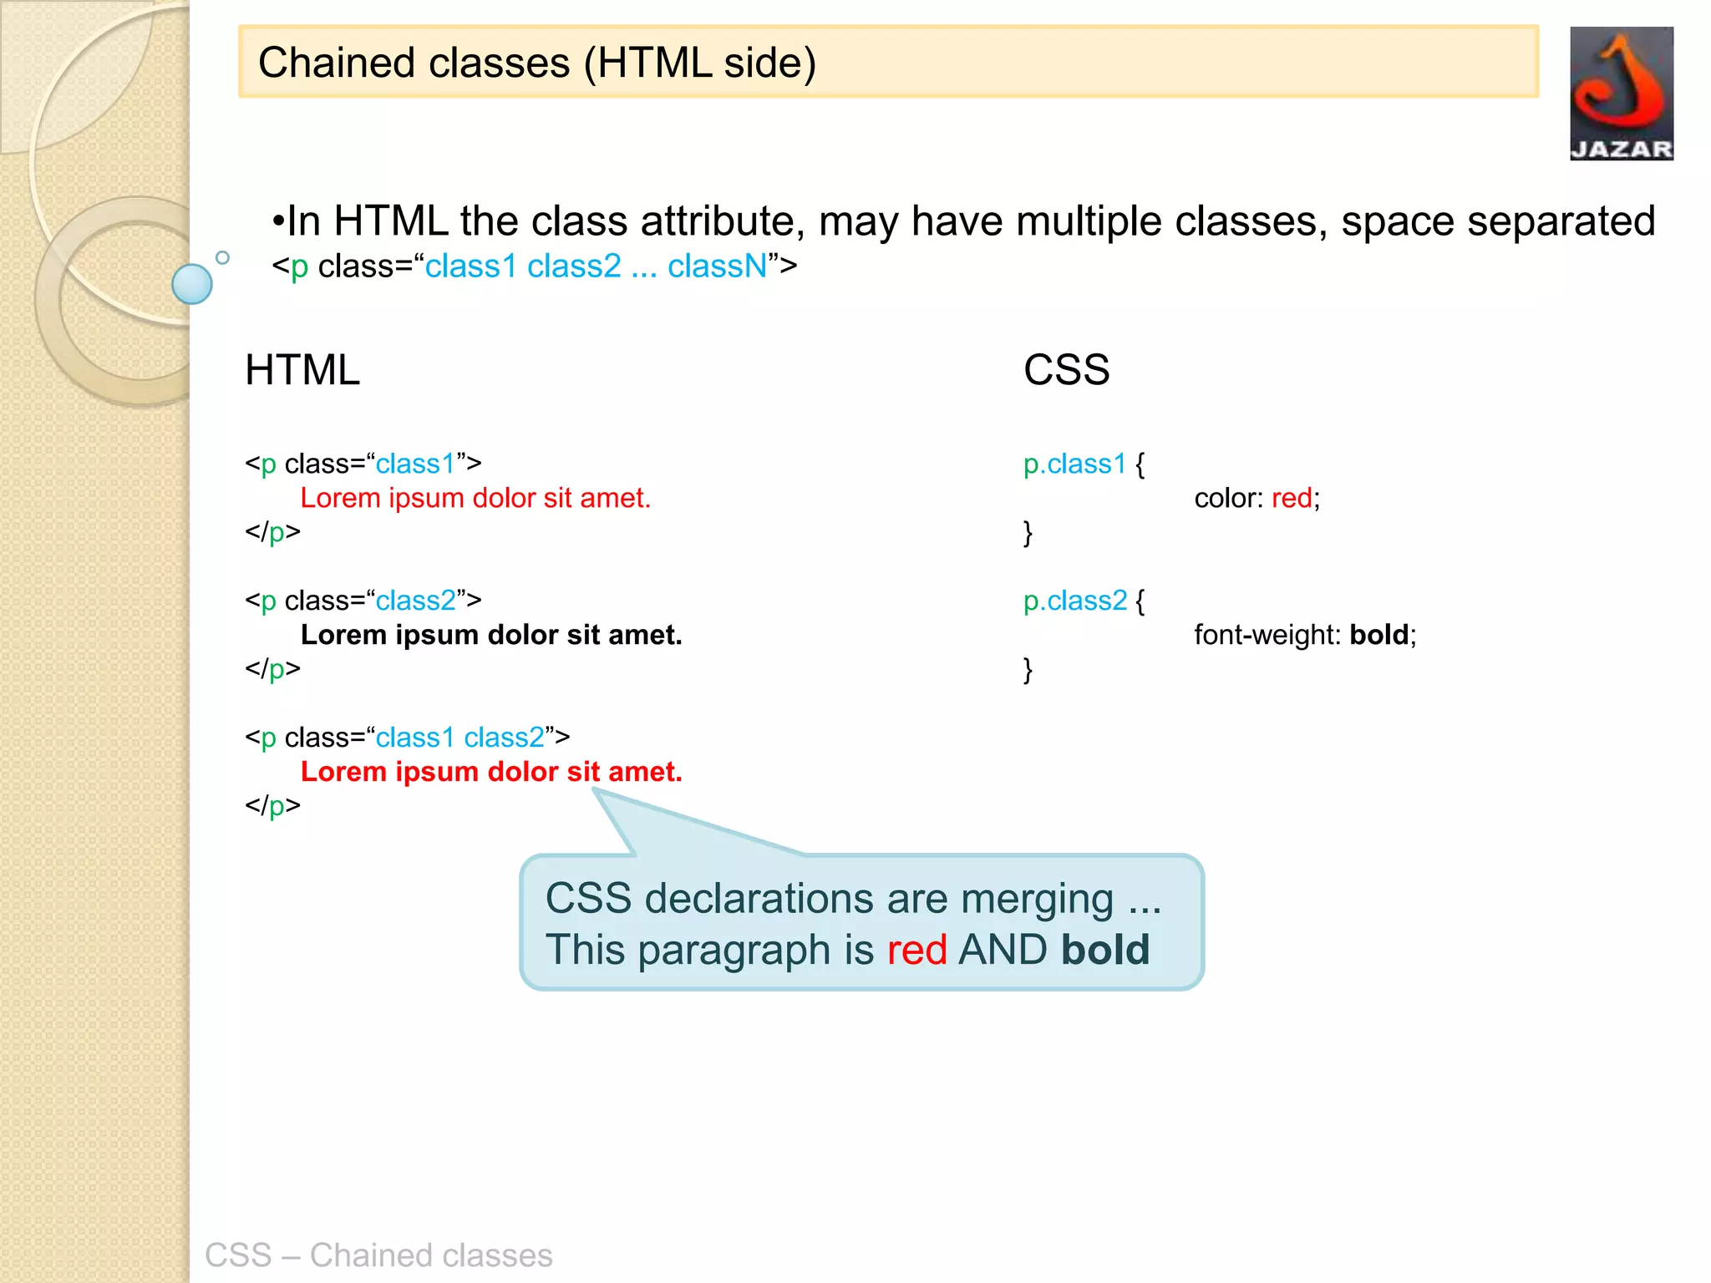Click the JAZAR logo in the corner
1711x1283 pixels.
pyautogui.click(x=1621, y=94)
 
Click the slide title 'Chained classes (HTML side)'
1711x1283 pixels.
pyautogui.click(x=536, y=63)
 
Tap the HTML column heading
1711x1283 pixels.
pyautogui.click(x=302, y=370)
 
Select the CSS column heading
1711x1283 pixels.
pyautogui.click(x=1066, y=370)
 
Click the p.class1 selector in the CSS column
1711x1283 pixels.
pyautogui.click(x=1074, y=464)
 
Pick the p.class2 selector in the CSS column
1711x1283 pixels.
pyautogui.click(x=1074, y=601)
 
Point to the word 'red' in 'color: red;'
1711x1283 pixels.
pyautogui.click(x=1291, y=499)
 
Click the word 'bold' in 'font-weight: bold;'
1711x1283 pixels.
pyautogui.click(x=1379, y=636)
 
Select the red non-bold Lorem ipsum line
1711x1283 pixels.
pyautogui.click(x=475, y=499)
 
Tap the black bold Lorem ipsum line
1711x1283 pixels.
pyautogui.click(x=491, y=636)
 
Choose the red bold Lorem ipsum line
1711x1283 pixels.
pyautogui.click(x=491, y=772)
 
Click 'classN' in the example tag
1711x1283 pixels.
pyautogui.click(x=717, y=266)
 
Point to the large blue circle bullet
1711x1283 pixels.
pyautogui.click(x=192, y=284)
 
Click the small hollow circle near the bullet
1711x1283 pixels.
pyautogui.click(x=222, y=257)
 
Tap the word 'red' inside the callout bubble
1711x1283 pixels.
pyautogui.click(x=916, y=951)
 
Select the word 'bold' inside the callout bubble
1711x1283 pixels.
pyautogui.click(x=1105, y=951)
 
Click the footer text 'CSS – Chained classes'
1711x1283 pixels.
pyautogui.click(x=378, y=1255)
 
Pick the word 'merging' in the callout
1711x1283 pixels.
pyautogui.click(x=1037, y=900)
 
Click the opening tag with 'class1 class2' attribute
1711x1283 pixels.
pyautogui.click(x=407, y=738)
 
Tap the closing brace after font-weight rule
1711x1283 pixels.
pyautogui.click(x=1028, y=670)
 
